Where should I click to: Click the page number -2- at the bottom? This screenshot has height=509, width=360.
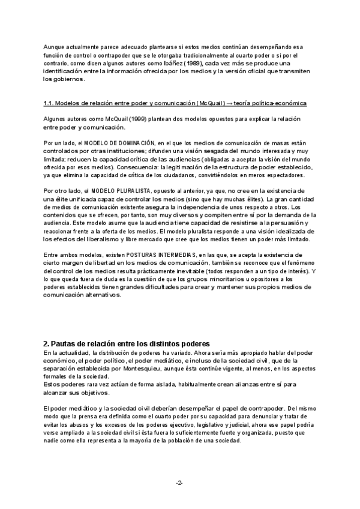tap(179, 483)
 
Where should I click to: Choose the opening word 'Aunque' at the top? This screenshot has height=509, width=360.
tap(55, 47)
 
